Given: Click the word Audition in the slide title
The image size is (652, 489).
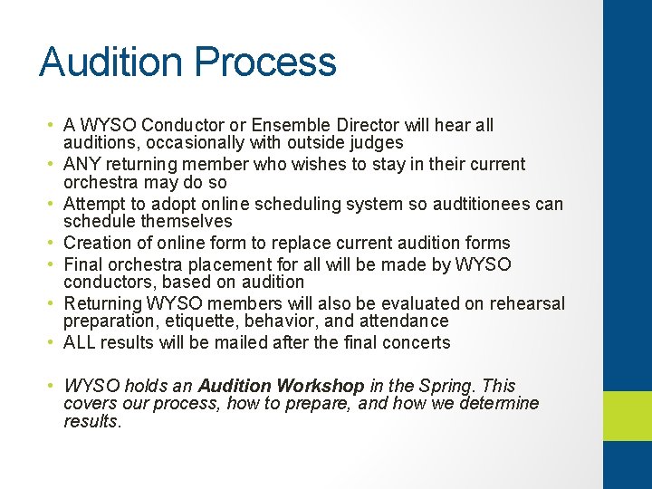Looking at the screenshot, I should pos(111,62).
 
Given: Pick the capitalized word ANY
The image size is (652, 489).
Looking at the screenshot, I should pos(81,164).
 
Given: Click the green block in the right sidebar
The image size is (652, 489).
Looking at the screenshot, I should pos(628,415).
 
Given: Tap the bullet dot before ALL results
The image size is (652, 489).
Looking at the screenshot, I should pos(53,342).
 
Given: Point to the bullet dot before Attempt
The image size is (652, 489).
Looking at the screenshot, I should pos(53,204).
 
